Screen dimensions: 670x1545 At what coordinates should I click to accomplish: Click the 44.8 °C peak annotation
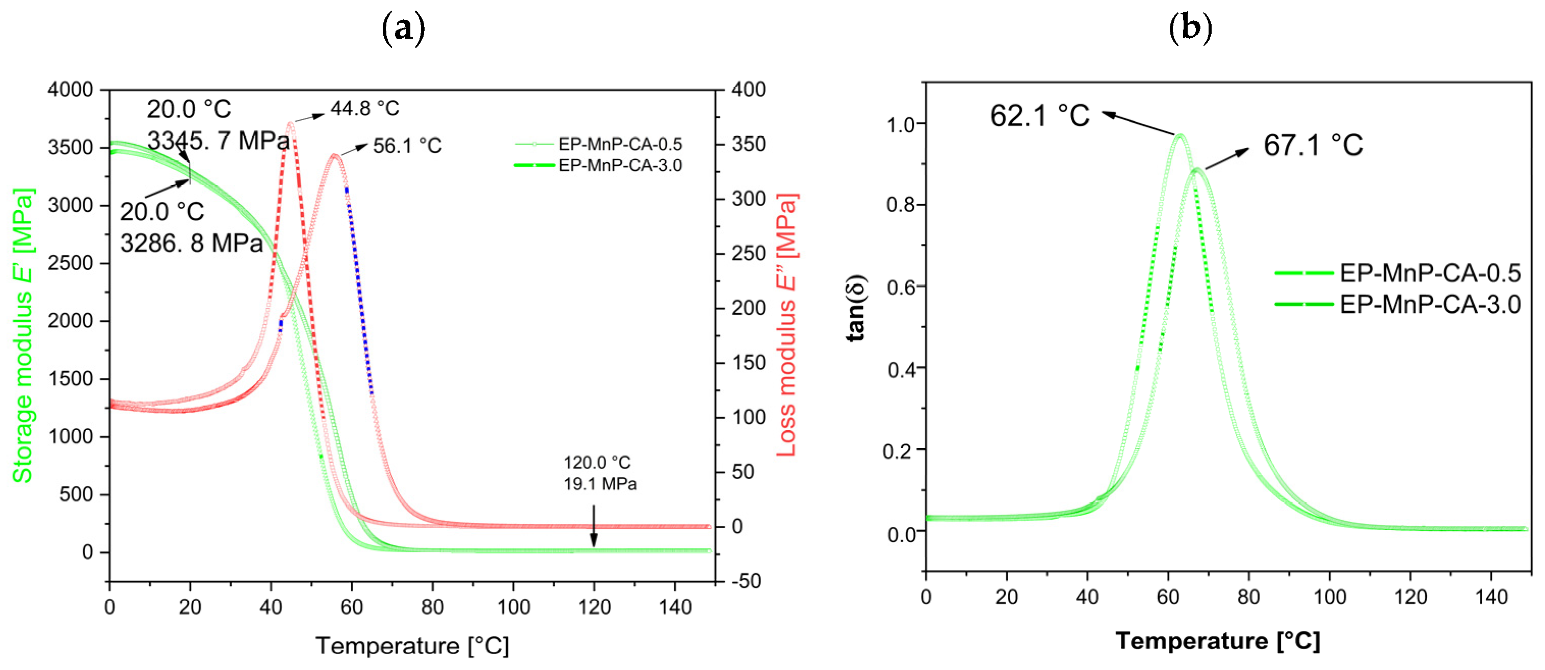[x=364, y=109]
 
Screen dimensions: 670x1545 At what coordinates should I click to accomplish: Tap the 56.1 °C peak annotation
[x=407, y=146]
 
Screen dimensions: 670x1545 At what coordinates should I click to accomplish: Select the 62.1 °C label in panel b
[x=1039, y=116]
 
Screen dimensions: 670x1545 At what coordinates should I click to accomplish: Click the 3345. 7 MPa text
[x=218, y=141]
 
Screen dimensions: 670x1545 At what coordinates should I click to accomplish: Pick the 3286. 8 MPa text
[x=191, y=244]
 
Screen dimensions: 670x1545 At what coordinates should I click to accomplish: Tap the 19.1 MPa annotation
[x=600, y=484]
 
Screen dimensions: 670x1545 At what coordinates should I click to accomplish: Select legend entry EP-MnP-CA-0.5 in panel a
[x=619, y=144]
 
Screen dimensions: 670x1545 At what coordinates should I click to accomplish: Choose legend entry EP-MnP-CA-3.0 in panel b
[x=1430, y=305]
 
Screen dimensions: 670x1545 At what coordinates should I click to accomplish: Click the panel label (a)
[x=403, y=28]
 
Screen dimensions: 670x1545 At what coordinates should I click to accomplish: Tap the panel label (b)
[x=1191, y=28]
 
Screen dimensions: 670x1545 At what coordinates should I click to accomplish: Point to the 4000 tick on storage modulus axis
[x=70, y=90]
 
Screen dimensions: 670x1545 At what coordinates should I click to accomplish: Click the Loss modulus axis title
[x=787, y=325]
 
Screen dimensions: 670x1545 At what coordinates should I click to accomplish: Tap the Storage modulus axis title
[x=23, y=336]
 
